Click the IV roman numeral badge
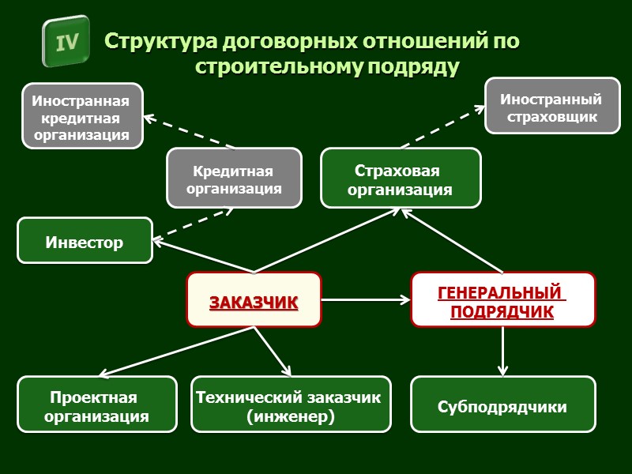(67, 42)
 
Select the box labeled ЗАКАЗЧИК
(254, 300)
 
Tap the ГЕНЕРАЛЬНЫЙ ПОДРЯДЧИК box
(502, 300)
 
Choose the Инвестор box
(85, 240)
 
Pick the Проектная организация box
(96, 404)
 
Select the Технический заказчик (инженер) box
(291, 404)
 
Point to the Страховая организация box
(400, 179)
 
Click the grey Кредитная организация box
(234, 179)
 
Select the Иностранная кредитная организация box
(82, 116)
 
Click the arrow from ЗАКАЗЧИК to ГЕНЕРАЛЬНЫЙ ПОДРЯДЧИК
(365, 299)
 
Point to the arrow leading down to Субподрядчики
(502, 351)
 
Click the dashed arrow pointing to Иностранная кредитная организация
(190, 131)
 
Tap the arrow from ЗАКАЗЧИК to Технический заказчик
(273, 351)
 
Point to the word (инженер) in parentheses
(291, 416)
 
